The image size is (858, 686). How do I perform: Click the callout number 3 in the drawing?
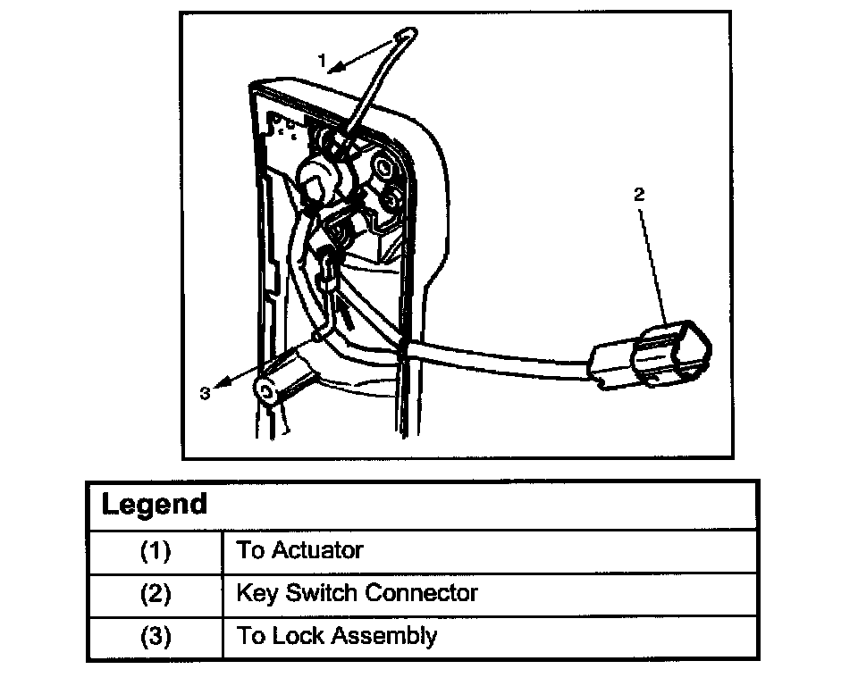click(x=205, y=393)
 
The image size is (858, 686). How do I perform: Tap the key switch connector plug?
click(x=666, y=356)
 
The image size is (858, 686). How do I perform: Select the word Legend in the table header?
click(x=154, y=505)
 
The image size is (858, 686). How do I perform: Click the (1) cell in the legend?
click(x=156, y=550)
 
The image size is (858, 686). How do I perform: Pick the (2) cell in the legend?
click(x=156, y=593)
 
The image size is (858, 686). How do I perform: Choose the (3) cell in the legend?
click(x=156, y=637)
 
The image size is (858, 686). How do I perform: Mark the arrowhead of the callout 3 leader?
click(x=223, y=381)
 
